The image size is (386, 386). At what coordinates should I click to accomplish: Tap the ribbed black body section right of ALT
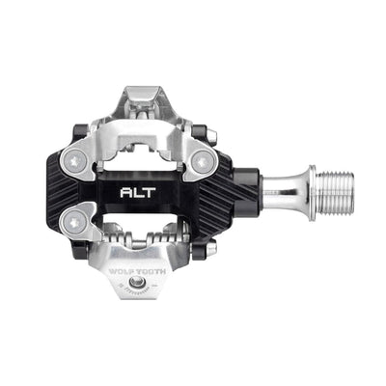[x=213, y=191]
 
